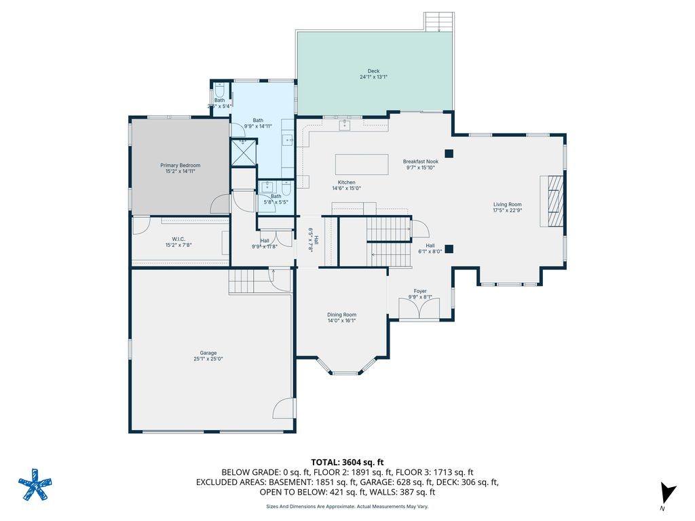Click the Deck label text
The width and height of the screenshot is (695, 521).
374,71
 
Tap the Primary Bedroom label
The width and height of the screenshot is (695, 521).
181,165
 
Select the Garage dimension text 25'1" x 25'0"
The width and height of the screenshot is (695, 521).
208,359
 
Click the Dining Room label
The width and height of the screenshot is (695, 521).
341,315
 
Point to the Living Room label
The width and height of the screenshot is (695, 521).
507,204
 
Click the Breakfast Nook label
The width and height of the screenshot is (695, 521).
420,161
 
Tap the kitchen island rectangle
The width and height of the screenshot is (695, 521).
361,165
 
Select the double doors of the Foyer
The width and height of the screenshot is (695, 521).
419,310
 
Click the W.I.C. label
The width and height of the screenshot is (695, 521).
179,239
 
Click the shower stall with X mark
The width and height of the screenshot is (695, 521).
244,152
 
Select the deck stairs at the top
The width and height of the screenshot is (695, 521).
439,21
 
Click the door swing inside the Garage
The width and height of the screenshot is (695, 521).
284,409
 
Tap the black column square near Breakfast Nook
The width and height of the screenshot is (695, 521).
449,153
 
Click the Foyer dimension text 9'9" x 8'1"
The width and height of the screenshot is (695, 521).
420,297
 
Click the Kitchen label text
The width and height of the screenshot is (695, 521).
347,182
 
